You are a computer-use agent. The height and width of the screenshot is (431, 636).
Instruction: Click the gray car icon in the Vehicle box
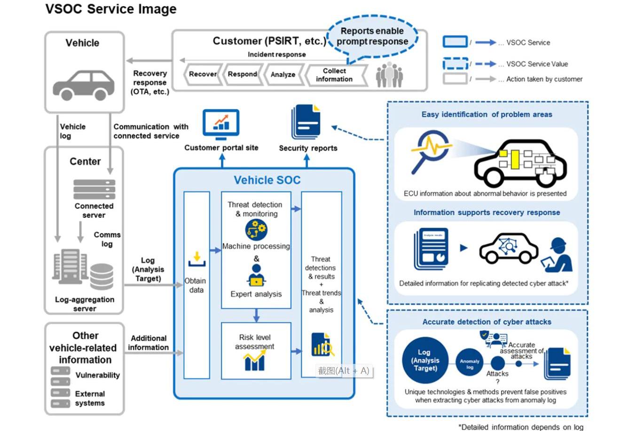click(x=84, y=85)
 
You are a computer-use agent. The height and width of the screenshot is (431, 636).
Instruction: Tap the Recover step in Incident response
click(x=203, y=74)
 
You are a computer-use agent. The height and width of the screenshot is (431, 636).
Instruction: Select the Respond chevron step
click(x=243, y=74)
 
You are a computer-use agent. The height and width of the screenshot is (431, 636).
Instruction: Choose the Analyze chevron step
click(x=283, y=75)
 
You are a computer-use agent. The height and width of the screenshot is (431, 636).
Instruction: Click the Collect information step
click(x=334, y=75)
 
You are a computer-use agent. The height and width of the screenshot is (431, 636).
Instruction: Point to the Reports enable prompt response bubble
click(x=372, y=36)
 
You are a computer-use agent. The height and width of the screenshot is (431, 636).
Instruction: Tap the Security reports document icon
click(x=306, y=122)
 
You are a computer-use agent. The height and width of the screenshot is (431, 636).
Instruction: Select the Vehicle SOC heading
click(x=267, y=180)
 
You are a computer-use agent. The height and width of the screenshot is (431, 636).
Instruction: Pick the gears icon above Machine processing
click(x=256, y=230)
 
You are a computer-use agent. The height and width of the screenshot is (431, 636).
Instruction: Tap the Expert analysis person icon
click(x=256, y=275)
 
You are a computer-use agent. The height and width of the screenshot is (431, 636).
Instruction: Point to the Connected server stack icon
click(x=94, y=189)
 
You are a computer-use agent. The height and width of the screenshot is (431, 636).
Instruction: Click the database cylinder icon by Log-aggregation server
click(x=102, y=277)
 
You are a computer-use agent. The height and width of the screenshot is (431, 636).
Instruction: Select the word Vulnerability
click(x=97, y=375)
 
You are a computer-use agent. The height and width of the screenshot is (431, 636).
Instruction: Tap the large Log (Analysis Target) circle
click(x=425, y=361)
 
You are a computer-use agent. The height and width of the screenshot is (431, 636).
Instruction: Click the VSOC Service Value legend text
click(x=537, y=64)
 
